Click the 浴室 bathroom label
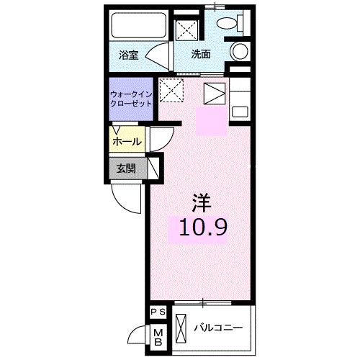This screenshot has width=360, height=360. coord(129,55)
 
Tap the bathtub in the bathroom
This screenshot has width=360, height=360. coord(139,25)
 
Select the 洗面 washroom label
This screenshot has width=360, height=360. coord(201,55)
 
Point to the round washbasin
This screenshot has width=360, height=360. coord(239,51)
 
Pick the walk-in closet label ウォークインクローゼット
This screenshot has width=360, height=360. coord(131,99)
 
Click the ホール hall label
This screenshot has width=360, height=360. coord(127,142)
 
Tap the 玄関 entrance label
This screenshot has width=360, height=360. coord(126,168)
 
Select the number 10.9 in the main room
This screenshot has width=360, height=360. coord(203,228)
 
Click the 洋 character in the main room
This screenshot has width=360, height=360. coord(202,203)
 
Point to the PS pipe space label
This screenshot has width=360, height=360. coord(158,312)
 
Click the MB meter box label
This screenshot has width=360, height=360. coord(158,338)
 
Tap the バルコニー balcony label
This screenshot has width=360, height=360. coord(218,328)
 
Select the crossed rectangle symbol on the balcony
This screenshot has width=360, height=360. coord(181,328)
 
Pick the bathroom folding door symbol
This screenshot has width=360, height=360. coord(158,57)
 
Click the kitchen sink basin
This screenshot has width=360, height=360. coord(240,112)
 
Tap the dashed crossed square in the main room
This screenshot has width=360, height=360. coord(171,90)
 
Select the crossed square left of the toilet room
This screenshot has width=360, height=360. coord(186,31)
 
